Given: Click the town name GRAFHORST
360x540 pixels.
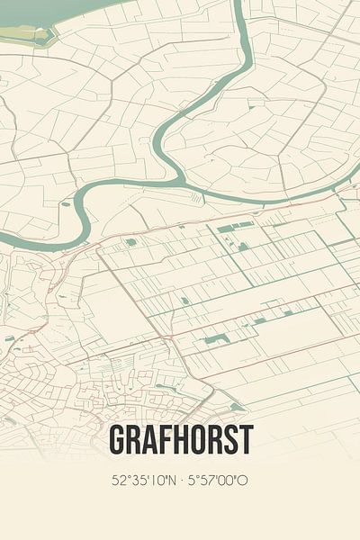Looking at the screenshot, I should (x=180, y=439).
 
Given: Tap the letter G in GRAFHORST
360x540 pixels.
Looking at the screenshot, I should (x=118, y=439).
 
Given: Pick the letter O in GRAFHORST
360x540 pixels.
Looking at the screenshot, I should (x=197, y=439).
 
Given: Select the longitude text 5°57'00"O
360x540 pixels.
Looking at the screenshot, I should (x=217, y=480).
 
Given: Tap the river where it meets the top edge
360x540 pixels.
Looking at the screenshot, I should (x=239, y=4).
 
